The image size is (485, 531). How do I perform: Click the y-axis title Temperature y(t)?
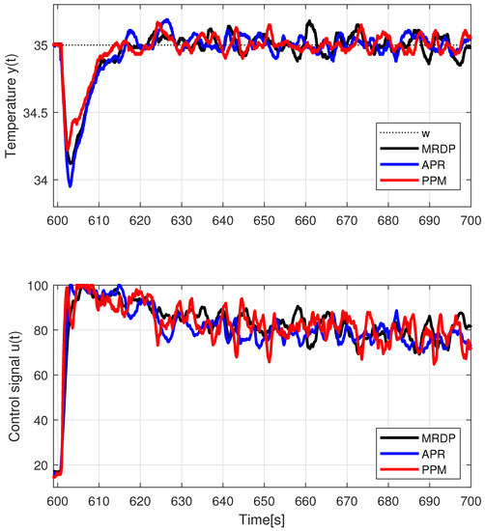14,112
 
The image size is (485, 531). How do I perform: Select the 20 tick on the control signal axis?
42,463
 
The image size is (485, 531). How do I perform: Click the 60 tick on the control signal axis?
42,375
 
